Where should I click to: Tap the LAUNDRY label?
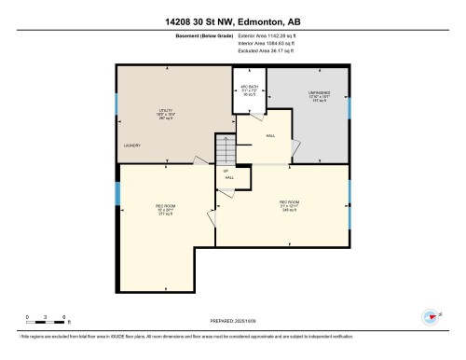click(x=131, y=146)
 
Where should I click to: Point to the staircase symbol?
click(x=224, y=147)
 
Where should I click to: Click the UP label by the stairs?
click(x=226, y=171)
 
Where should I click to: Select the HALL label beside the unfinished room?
click(x=271, y=136)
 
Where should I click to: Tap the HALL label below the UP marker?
click(x=229, y=177)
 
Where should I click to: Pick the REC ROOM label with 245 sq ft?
click(x=288, y=205)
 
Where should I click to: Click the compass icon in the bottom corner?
click(x=432, y=315)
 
